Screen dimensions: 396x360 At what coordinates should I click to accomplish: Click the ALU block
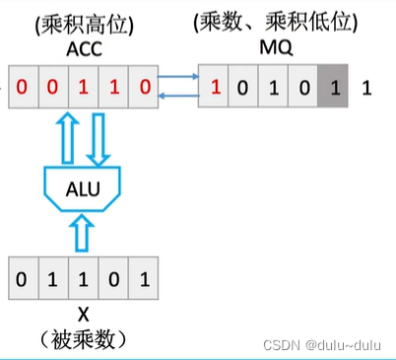point(83,188)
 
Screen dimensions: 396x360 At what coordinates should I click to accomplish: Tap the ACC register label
point(84,49)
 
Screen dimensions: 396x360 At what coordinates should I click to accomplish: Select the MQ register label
point(276,48)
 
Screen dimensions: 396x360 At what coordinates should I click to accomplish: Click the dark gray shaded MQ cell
point(333,86)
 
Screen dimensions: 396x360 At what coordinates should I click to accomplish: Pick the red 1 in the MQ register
point(216,87)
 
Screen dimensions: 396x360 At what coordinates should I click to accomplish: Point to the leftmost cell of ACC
point(24,87)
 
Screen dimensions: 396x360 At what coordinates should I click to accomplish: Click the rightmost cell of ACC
point(144,87)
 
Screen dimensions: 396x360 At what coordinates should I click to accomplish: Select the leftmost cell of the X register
point(24,278)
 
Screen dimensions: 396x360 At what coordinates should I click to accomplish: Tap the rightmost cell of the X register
point(144,278)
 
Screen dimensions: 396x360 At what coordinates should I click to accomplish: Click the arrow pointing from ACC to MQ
point(178,77)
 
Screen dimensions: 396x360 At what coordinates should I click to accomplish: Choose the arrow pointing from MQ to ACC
point(178,96)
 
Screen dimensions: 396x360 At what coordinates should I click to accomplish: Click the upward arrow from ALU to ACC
point(68,137)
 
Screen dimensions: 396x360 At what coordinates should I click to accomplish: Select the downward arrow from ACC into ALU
point(99,139)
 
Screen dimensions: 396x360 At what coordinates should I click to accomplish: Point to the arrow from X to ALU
point(82,233)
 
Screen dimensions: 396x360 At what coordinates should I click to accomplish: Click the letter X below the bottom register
point(84,315)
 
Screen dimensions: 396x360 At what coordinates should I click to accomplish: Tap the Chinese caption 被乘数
point(83,339)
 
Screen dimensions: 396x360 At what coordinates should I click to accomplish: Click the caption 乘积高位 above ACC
point(84,26)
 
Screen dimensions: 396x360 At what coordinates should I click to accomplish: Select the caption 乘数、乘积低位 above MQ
point(276,23)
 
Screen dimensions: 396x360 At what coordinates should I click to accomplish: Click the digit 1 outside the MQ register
point(366,88)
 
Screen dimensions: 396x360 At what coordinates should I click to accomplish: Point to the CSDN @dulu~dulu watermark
point(322,345)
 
